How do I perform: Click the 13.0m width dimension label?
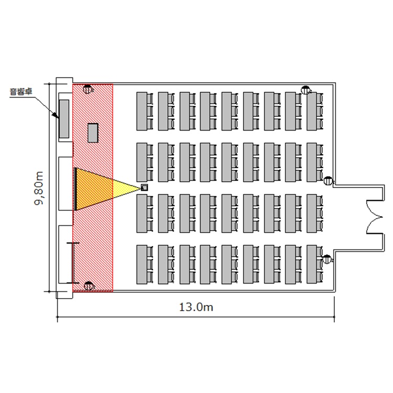(196, 308)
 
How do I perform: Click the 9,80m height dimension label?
(40, 187)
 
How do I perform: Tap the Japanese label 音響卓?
(21, 92)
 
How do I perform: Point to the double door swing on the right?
(376, 215)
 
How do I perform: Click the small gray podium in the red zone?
(93, 133)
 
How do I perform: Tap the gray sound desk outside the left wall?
(64, 118)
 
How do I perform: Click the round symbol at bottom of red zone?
(88, 286)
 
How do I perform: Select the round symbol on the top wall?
(305, 90)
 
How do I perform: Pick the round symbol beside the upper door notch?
(328, 181)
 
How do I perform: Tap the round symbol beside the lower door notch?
(327, 258)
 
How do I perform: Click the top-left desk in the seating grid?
(142, 111)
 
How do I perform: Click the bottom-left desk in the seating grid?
(142, 265)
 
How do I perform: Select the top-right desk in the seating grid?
(313, 111)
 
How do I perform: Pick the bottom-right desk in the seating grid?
(313, 265)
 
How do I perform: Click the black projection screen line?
(76, 189)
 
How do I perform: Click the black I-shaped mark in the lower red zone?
(73, 260)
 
